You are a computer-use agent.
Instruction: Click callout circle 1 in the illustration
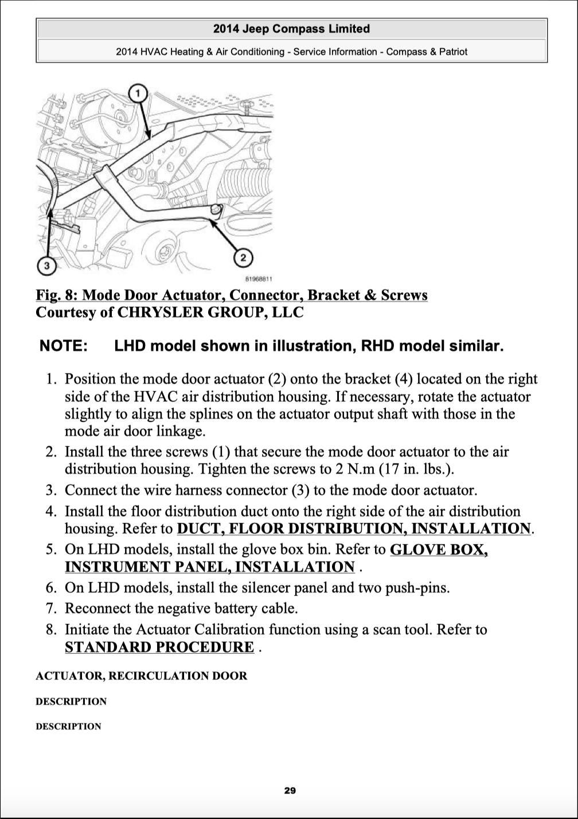[138, 93]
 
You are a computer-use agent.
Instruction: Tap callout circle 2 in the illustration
[244, 258]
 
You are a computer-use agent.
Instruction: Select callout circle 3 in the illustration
[47, 266]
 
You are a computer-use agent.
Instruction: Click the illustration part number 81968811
[259, 279]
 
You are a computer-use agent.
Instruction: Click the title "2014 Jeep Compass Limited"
[291, 29]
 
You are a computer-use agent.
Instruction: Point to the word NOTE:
[64, 346]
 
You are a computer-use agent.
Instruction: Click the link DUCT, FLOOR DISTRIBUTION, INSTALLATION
[354, 528]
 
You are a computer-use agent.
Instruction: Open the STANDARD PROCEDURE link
[159, 648]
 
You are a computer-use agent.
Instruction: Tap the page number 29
[290, 791]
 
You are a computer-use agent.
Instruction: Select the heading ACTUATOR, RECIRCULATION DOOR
[141, 676]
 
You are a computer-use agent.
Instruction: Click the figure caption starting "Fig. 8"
[231, 295]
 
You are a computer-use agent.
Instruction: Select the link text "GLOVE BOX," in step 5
[439, 549]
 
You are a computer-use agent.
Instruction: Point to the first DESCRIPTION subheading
[71, 701]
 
